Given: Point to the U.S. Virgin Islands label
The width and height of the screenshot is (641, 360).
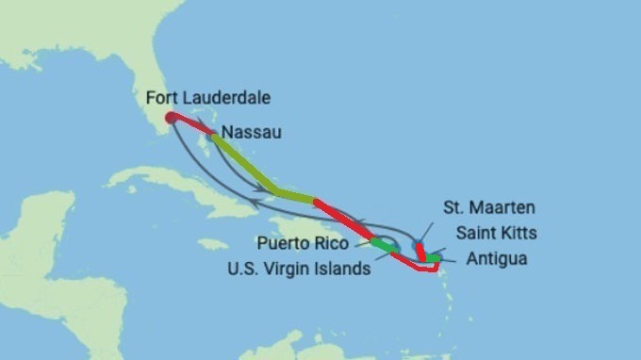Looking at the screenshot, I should [299, 268].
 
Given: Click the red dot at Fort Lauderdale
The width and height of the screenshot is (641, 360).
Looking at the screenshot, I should [170, 119].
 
